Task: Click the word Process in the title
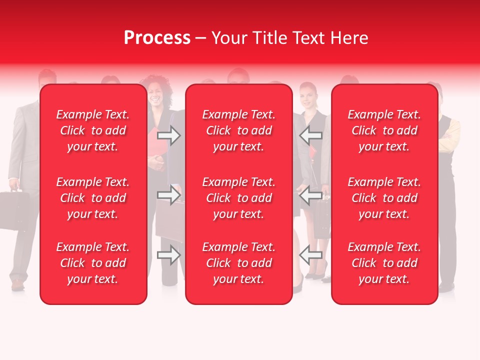pos(157,38)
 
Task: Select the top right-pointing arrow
pos(169,135)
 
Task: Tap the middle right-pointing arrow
pos(169,195)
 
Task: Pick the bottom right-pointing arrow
pos(169,255)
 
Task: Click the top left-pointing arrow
pos(310,135)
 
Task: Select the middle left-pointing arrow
pos(310,195)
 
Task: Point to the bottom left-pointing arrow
pos(310,255)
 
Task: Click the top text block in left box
pos(93,130)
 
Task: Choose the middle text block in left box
pos(93,198)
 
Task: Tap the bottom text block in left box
pos(93,263)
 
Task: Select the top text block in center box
pos(239,130)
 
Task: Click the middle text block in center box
pos(239,198)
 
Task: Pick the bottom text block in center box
pos(239,263)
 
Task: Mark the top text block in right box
pos(384,130)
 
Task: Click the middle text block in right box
pos(384,198)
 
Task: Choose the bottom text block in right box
pos(384,263)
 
